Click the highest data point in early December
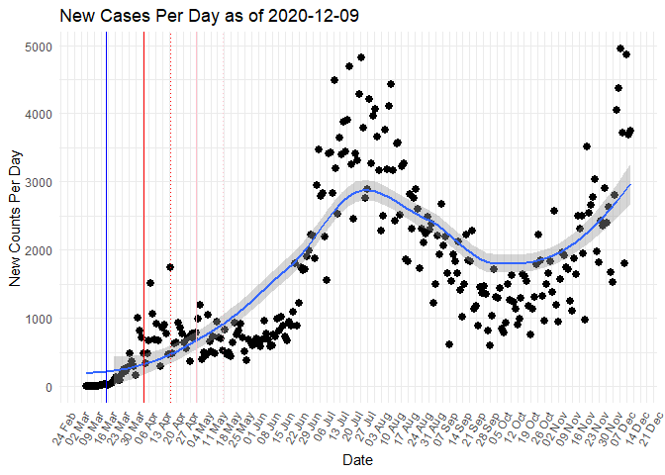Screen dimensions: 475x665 coord(620,48)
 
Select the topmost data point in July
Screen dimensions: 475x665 coord(361,57)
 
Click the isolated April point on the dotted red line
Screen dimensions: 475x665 coord(170,266)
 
